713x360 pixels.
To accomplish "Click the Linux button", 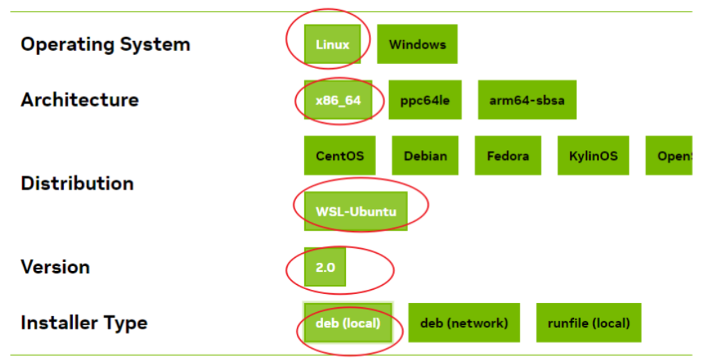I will tap(332, 44).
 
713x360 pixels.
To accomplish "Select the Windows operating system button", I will tap(417, 44).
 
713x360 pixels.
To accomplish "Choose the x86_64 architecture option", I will tap(338, 100).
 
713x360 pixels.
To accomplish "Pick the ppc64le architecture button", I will tap(425, 100).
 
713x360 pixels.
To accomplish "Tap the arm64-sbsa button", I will tap(527, 100).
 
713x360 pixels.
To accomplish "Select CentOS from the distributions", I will tap(340, 156).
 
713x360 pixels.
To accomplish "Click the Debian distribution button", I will tap(425, 156).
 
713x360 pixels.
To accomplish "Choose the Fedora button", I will tap(507, 156).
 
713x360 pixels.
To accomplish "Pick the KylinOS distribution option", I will tap(593, 156).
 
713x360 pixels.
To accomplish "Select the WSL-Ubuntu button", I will tap(356, 211).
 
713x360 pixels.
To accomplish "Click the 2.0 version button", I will tap(325, 267).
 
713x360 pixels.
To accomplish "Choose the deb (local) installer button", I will tap(348, 322).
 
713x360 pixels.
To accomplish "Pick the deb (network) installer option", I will tap(464, 322).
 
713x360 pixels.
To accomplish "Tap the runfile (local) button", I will tap(588, 322).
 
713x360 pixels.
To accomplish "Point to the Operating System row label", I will tap(105, 44).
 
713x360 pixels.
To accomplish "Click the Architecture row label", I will tap(79, 100).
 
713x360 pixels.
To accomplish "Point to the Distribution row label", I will tap(77, 183).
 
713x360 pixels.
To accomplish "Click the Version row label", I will tap(55, 267).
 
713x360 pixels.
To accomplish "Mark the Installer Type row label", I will tap(83, 322).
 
